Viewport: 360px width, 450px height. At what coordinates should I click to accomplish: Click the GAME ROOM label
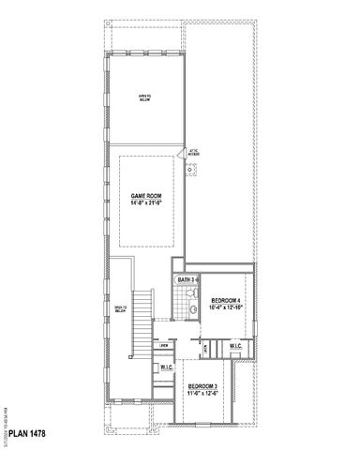click(144, 196)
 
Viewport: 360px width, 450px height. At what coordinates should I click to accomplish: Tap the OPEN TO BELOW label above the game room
click(144, 97)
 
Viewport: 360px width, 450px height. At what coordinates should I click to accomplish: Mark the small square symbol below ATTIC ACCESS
click(192, 169)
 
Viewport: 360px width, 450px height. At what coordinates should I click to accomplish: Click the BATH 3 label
click(187, 280)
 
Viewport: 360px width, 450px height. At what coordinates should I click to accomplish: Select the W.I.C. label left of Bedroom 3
click(165, 368)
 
